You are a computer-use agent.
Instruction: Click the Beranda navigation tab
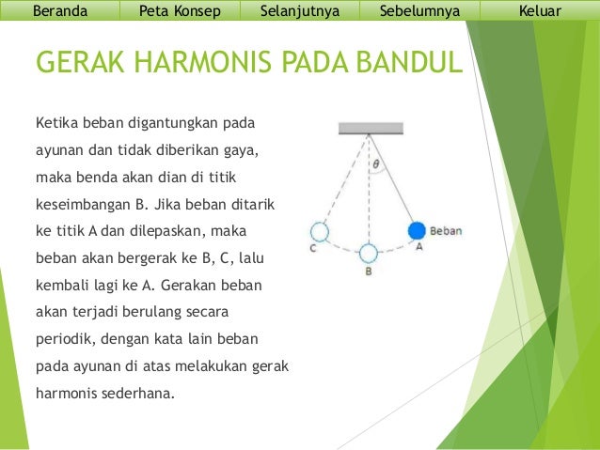(60, 11)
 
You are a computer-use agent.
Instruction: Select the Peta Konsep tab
(179, 11)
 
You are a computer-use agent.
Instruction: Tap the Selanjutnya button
(299, 11)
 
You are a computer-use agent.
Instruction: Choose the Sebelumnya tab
(419, 11)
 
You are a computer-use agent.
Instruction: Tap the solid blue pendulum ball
(418, 230)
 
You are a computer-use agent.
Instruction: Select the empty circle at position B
(369, 252)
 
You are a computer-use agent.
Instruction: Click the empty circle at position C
(320, 231)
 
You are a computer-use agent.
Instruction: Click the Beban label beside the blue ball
(446, 230)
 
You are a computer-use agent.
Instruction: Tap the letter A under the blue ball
(418, 247)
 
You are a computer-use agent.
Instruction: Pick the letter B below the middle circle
(369, 271)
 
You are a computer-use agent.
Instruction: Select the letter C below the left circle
(313, 248)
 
